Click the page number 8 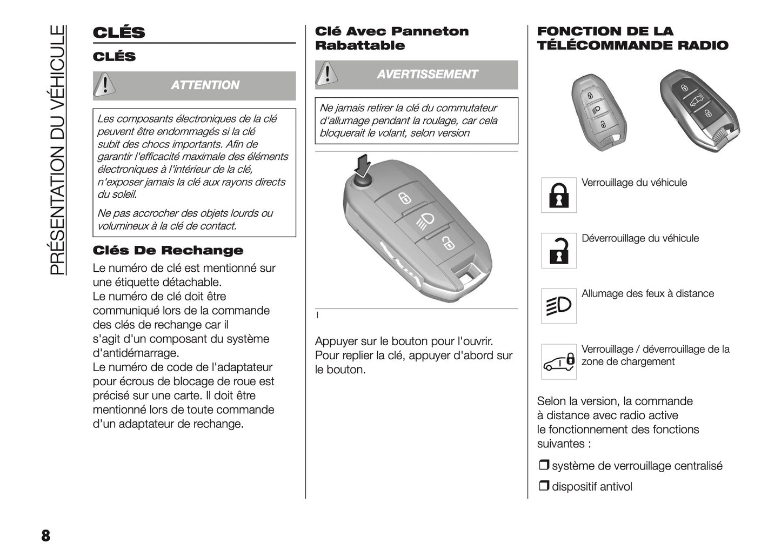[45, 535]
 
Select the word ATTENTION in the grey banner [205, 85]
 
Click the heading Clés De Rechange [168, 251]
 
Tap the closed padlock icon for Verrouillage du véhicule [559, 195]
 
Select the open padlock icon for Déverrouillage [559, 251]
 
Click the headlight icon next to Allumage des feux [559, 306]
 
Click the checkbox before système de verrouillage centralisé [543, 465]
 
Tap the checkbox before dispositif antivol [543, 486]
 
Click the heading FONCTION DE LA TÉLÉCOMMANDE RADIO [632, 38]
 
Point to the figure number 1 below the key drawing [317, 316]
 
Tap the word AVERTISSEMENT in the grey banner [427, 74]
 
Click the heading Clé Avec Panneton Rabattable [391, 38]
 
